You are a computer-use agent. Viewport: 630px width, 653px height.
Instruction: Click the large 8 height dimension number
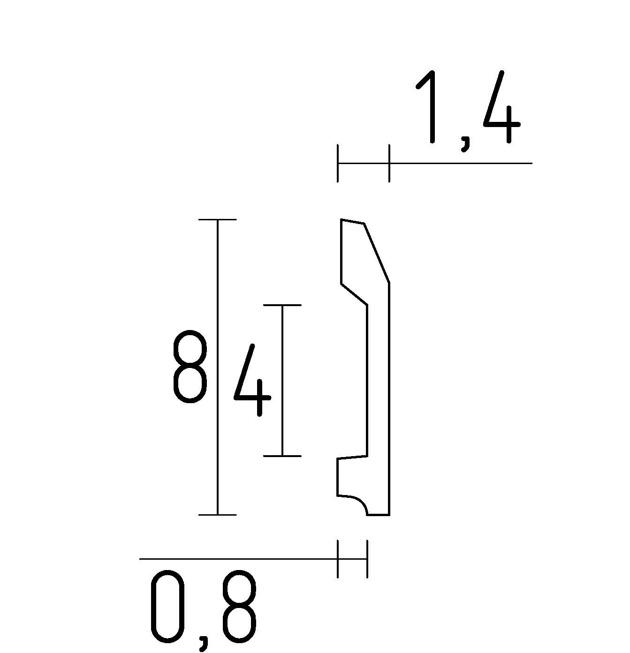(190, 367)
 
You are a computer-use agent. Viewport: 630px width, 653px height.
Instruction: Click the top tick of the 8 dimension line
(217, 219)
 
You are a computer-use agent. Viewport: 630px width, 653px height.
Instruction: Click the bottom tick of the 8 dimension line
(217, 515)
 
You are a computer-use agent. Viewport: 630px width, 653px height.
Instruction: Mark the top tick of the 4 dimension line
(282, 305)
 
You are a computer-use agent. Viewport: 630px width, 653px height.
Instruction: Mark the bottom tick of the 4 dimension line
(282, 456)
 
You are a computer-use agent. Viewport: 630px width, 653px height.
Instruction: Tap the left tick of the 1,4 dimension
(338, 163)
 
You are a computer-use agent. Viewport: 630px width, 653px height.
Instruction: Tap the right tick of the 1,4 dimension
(389, 163)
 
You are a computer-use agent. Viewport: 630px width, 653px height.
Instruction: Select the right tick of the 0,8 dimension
(367, 559)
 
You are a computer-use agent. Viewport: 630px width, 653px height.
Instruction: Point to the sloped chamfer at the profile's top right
(377, 254)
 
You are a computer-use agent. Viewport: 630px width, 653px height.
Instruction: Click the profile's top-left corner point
(342, 219)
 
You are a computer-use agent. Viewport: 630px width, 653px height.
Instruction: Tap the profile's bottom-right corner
(389, 515)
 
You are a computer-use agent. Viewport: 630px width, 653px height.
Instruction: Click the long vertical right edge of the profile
(389, 398)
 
